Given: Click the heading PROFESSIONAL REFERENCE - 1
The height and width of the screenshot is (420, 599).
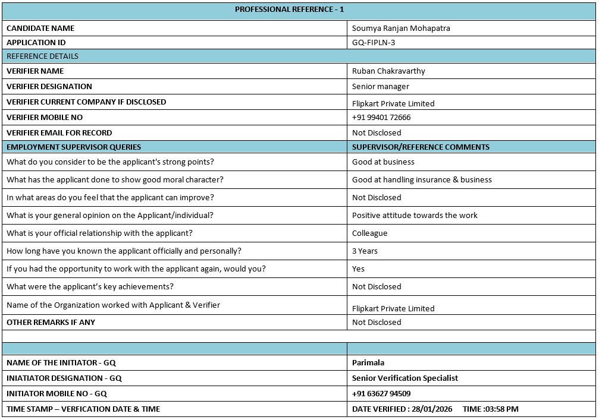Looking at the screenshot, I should (289, 10).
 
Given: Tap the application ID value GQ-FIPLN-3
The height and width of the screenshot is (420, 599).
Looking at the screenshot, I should (374, 43).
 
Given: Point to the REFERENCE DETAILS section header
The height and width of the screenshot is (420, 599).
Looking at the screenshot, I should (42, 56).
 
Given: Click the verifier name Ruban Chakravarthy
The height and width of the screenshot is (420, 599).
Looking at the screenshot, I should (388, 71).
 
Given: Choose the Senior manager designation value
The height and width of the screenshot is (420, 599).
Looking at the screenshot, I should (381, 87).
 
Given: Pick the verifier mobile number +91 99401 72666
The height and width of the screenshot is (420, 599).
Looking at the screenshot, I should (381, 118).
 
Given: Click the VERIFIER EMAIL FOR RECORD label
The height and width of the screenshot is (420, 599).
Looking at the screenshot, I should (59, 133).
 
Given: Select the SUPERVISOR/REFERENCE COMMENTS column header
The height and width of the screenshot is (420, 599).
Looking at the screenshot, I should (421, 147).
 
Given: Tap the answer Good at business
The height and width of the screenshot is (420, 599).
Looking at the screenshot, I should (383, 162).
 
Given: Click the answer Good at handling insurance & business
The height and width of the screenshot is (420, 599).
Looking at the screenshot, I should (422, 180).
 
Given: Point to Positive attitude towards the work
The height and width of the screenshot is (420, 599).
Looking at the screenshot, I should (415, 216).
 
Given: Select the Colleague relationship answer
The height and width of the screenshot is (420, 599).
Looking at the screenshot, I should (369, 233).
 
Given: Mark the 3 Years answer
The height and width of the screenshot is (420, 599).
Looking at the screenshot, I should (365, 251).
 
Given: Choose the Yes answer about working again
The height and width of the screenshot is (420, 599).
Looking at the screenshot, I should (358, 269).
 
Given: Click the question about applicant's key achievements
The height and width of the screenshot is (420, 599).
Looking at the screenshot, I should (90, 287).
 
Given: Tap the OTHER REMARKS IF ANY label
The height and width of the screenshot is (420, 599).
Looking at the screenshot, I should (51, 323).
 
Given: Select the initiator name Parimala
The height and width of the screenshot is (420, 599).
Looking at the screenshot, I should (368, 363).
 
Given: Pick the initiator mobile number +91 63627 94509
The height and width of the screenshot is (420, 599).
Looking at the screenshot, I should (381, 394).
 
